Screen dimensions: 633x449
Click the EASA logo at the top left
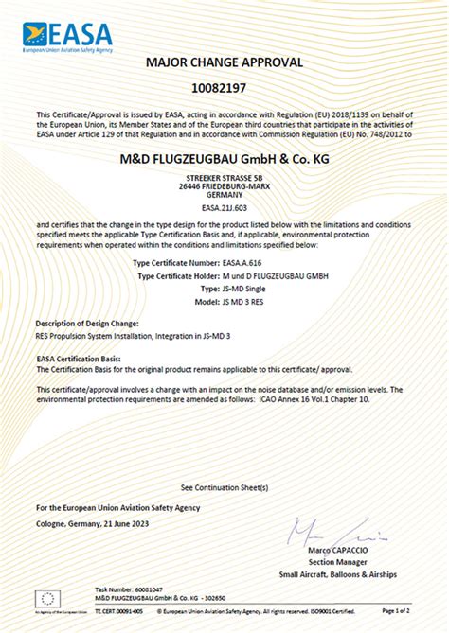coord(67,36)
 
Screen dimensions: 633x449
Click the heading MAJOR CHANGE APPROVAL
coord(224,62)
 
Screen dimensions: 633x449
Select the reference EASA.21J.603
coord(224,205)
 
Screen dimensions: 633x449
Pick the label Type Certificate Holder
coord(184,275)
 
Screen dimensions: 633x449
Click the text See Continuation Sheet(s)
coord(224,486)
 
